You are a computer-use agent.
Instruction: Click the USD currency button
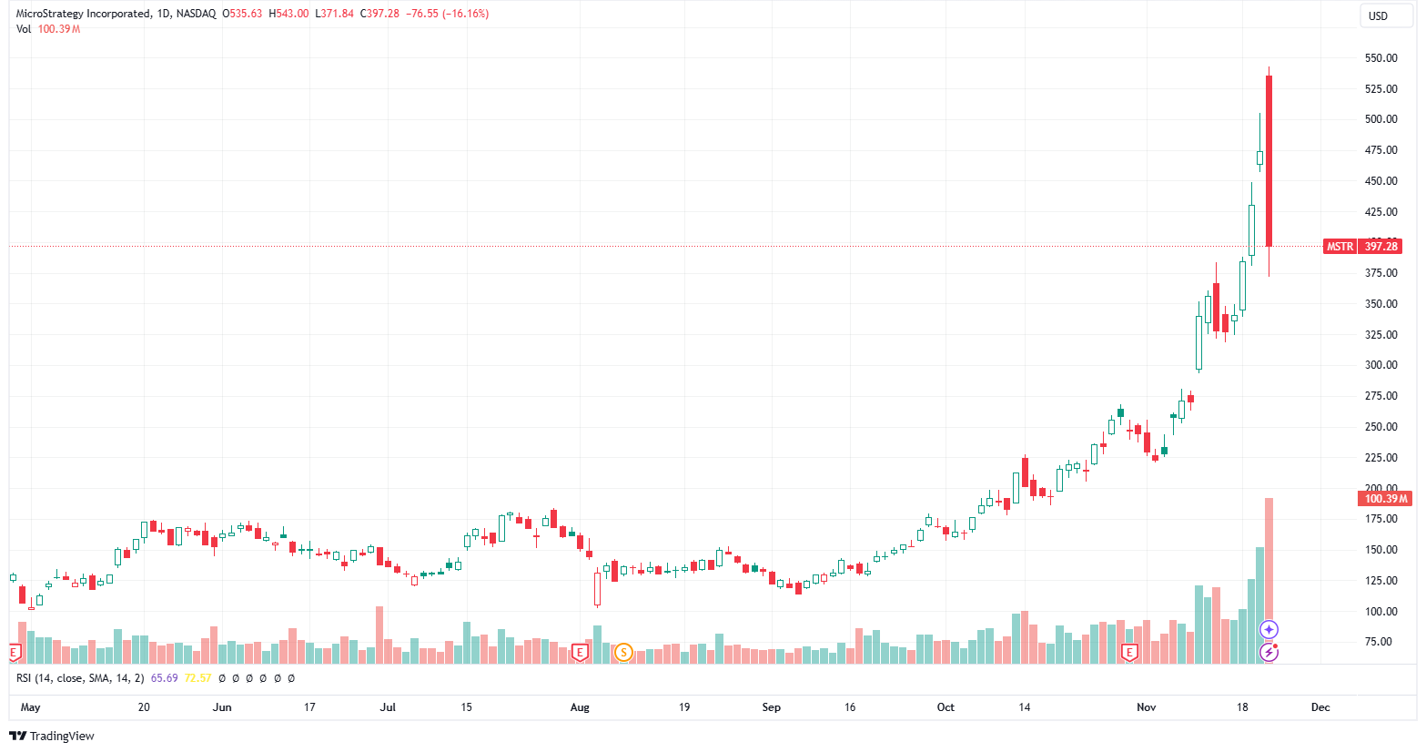[x=1378, y=15]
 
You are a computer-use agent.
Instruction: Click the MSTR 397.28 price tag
[x=1362, y=247]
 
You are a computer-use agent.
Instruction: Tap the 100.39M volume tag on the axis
[x=1385, y=498]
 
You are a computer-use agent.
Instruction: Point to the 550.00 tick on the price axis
[x=1380, y=58]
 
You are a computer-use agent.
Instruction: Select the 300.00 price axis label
[x=1380, y=365]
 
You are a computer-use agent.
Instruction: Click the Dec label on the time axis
[x=1320, y=707]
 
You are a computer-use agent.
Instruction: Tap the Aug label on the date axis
[x=580, y=707]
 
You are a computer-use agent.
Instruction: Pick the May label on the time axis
[x=30, y=707]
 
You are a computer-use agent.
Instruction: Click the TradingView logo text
[x=61, y=736]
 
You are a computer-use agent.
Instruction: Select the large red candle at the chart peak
[x=1269, y=160]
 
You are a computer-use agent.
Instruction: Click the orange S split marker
[x=623, y=652]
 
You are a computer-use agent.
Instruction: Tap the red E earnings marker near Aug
[x=580, y=652]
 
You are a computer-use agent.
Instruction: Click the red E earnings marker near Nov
[x=1129, y=652]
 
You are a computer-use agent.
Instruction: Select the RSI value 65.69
[x=164, y=678]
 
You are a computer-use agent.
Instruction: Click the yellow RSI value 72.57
[x=197, y=678]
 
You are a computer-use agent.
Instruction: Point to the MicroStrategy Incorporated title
[x=83, y=14]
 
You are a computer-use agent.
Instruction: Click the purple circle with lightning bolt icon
[x=1269, y=652]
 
